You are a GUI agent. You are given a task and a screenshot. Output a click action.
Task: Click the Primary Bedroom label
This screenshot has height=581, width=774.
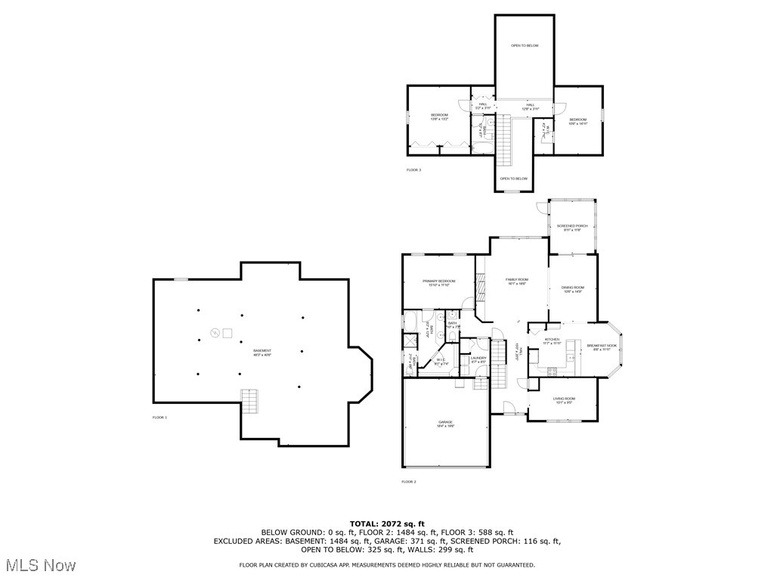point(438,282)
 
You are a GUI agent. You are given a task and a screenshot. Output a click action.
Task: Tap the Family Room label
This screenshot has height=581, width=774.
point(517,281)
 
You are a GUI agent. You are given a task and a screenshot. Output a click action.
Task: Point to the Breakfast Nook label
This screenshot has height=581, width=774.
point(602,347)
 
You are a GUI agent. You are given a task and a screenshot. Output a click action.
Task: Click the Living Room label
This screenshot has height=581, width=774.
point(564,400)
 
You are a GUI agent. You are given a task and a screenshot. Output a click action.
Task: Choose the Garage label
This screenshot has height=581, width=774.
point(445,423)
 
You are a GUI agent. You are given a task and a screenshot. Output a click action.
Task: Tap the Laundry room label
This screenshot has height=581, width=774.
point(478,359)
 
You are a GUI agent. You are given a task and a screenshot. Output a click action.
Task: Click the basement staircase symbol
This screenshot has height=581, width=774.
point(250,401)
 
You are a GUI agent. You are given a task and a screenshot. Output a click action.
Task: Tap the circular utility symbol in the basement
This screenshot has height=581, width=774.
point(215,331)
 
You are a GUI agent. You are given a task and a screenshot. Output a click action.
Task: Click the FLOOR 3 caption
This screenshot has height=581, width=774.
point(413,169)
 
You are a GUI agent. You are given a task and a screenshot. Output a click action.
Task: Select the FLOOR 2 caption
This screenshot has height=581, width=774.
point(408,481)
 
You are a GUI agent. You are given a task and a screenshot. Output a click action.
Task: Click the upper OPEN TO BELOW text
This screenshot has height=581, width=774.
point(524,46)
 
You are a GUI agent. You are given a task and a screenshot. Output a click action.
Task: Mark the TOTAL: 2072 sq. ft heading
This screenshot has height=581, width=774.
point(387,524)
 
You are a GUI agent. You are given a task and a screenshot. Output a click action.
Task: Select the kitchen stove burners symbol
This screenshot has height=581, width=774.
point(551,369)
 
